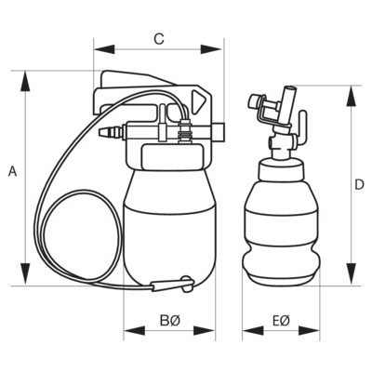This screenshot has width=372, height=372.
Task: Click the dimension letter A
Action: tap(12, 171)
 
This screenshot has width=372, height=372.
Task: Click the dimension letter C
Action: tap(159, 39)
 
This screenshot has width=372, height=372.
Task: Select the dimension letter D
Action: tap(359, 185)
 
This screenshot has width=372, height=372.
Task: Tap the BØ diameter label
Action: tap(169, 321)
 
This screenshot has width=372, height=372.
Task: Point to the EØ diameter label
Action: tap(281, 321)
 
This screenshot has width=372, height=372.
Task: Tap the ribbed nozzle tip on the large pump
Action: tap(110, 132)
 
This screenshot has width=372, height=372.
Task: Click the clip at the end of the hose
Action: tap(173, 285)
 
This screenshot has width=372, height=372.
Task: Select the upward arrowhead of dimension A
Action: tap(25, 82)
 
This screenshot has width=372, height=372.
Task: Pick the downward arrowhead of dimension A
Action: tap(25, 274)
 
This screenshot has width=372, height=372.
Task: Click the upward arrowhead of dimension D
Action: tap(351, 96)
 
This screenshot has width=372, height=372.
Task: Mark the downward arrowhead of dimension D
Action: tap(351, 273)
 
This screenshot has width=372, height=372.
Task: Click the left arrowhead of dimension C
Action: tap(104, 49)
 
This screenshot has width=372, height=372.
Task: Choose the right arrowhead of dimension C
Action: tap(211, 49)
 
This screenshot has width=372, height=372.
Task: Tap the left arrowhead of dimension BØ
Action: tap(135, 330)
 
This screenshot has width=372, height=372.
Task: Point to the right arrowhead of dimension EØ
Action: tap(309, 330)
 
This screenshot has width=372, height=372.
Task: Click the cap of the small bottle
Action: tap(281, 169)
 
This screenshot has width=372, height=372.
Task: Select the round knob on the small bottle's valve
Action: tap(253, 100)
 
